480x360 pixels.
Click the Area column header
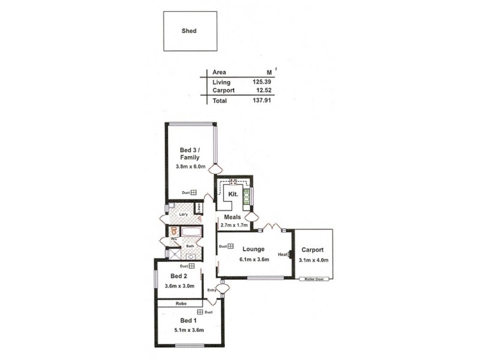click(x=219, y=71)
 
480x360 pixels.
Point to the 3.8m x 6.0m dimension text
click(x=190, y=166)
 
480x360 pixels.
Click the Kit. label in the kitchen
click(x=233, y=195)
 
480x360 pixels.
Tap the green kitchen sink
click(x=247, y=198)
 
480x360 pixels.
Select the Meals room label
click(x=232, y=217)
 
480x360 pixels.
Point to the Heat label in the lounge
click(x=283, y=254)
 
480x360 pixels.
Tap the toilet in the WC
click(x=174, y=230)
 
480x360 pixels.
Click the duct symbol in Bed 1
click(x=200, y=312)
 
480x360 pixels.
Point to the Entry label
click(x=211, y=290)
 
